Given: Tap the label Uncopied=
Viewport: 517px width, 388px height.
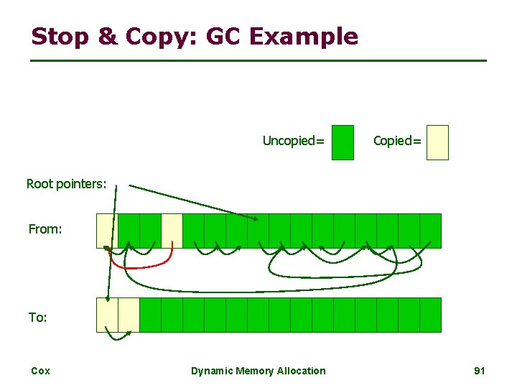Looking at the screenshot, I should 293,141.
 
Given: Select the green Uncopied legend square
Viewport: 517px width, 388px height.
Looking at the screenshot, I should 344,142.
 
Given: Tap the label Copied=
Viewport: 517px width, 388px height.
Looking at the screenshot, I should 397,141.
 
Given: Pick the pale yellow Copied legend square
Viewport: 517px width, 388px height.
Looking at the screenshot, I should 437,142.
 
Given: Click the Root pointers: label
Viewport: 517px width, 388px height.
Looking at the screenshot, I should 66,184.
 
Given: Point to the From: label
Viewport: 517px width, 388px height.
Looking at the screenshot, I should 45,229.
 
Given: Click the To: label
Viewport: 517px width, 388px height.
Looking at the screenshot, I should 38,317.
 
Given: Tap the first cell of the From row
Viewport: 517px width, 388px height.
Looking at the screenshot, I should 106,230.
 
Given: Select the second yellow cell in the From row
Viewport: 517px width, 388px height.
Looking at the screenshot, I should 172,230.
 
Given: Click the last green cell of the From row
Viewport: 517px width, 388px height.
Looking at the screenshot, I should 430,230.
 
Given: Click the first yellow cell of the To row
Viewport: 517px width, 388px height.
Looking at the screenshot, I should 107,315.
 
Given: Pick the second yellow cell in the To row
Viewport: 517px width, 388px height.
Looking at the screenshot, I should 129,315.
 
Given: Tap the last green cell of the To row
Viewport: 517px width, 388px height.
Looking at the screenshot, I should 430,315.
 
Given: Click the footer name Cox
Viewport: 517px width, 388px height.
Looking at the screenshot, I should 40,371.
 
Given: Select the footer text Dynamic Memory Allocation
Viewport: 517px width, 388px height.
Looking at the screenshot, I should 258,371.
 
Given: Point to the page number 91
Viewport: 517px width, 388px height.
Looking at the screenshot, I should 480,371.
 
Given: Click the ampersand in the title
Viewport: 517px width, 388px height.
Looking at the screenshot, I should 106,36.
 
